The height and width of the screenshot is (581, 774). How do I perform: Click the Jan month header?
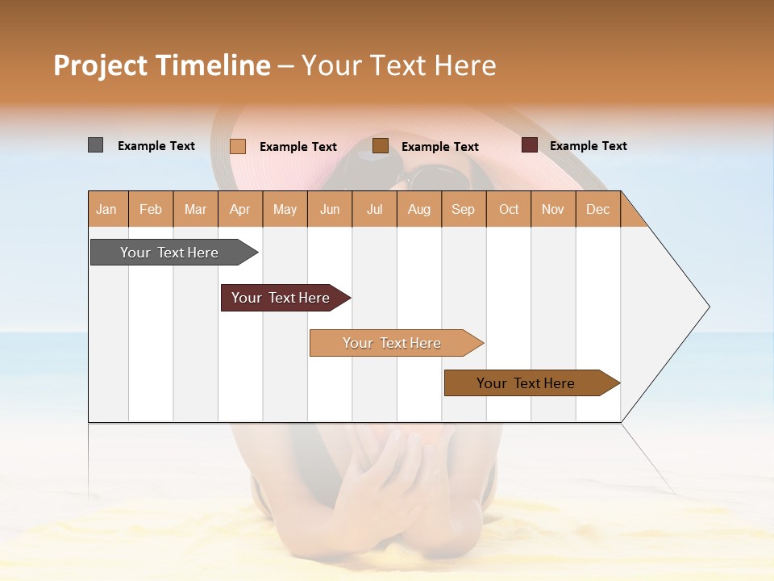click(x=106, y=209)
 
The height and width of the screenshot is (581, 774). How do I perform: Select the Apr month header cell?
click(x=239, y=209)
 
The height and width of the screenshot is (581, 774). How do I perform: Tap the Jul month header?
click(x=374, y=209)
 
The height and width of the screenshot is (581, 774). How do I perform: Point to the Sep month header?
click(x=463, y=209)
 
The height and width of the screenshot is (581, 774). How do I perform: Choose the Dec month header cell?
click(x=597, y=209)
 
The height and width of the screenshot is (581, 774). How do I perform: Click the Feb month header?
click(x=151, y=209)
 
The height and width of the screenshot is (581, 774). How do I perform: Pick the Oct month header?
click(x=509, y=209)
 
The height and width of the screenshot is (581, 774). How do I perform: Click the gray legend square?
click(x=95, y=145)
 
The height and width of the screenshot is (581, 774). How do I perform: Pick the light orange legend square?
click(x=238, y=146)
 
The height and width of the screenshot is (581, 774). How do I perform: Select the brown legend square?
click(x=381, y=146)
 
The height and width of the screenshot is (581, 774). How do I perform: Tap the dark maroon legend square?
click(x=529, y=145)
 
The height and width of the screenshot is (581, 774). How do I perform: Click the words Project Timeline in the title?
click(x=162, y=65)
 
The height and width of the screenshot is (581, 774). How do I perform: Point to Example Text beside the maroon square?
click(x=588, y=146)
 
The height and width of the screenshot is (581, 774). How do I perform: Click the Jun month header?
click(x=330, y=209)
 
